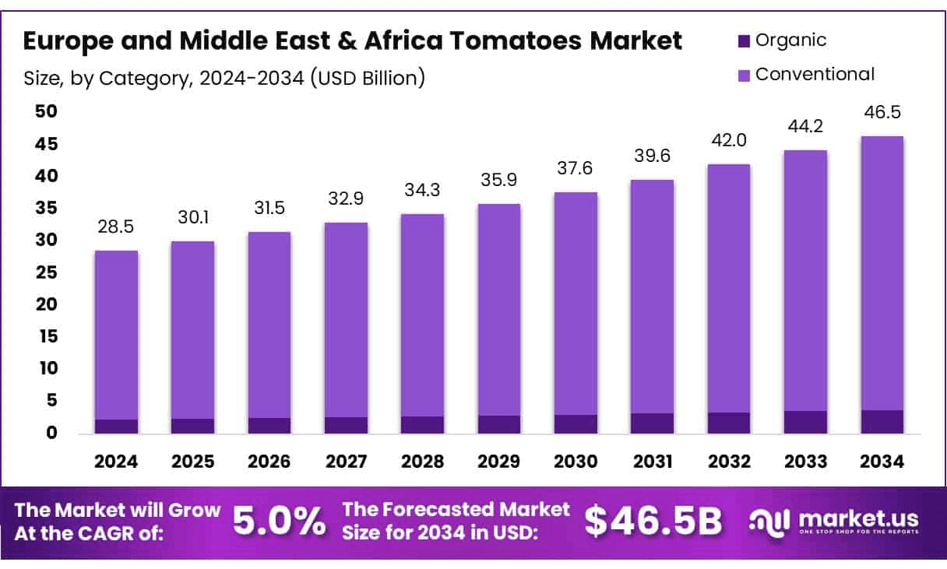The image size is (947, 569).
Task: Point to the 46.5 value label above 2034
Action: tap(883, 113)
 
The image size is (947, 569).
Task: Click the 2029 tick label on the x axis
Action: tap(499, 462)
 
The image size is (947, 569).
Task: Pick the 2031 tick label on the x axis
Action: tap(653, 462)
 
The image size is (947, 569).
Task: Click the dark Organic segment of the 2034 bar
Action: tap(883, 422)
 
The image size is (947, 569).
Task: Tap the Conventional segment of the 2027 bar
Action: tap(347, 319)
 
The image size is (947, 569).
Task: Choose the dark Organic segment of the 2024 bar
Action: tap(117, 427)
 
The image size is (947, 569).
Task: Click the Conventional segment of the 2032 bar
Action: tap(729, 288)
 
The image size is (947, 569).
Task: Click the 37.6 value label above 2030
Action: tap(576, 169)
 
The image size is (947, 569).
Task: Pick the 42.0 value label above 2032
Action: tap(729, 141)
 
